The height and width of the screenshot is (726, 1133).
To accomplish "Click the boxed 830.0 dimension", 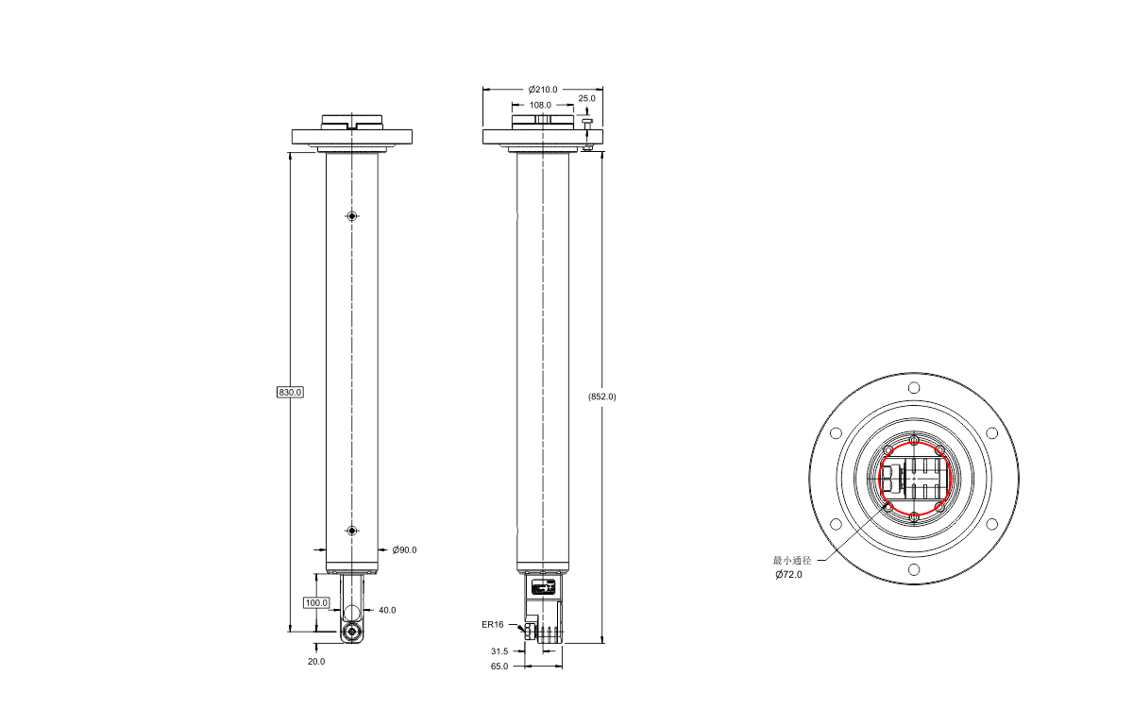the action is click(290, 392).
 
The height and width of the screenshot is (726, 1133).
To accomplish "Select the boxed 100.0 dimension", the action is click(316, 602).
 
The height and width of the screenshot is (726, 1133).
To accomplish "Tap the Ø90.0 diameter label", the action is click(405, 550).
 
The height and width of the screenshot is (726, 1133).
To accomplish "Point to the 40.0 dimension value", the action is click(387, 610).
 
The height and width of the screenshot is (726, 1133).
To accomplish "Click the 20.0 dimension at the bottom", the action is click(316, 661).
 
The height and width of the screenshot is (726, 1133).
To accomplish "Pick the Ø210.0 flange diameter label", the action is click(543, 90).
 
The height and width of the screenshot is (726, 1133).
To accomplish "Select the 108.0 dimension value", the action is click(540, 105).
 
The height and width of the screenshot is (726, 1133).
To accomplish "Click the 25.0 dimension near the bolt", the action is click(586, 98).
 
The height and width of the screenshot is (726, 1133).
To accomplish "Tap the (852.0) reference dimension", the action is click(602, 397).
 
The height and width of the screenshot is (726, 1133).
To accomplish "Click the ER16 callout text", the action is click(493, 625).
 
